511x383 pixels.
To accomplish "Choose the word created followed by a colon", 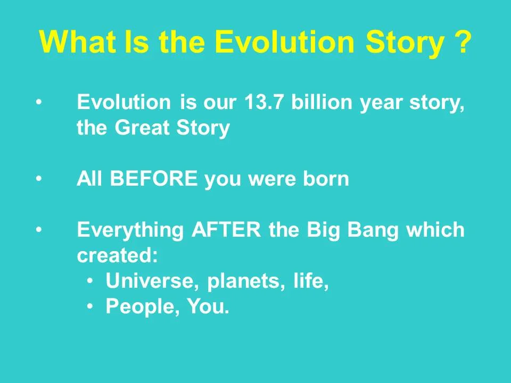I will point(117,256).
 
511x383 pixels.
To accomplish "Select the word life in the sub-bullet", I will point(310,281).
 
